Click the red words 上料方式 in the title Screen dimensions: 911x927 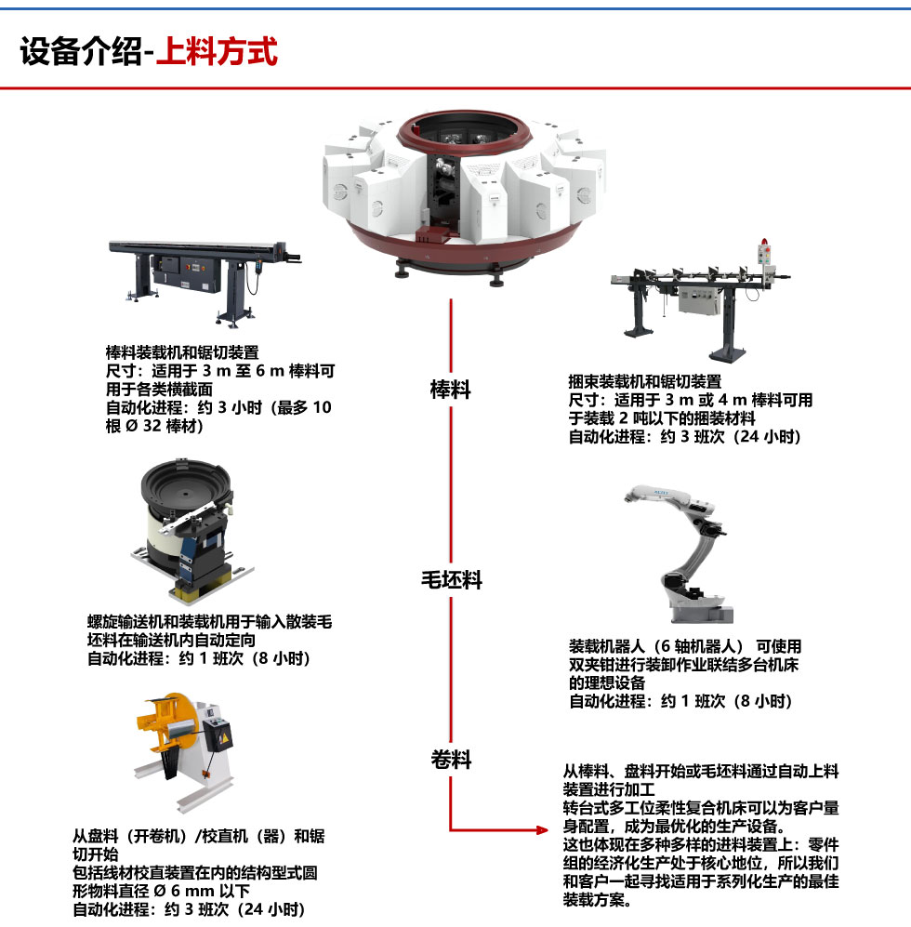click(217, 51)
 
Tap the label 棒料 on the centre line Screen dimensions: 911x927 click(451, 390)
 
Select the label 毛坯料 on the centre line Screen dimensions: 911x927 click(452, 580)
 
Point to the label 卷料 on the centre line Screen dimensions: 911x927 click(451, 760)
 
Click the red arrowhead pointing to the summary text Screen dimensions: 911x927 click(542, 830)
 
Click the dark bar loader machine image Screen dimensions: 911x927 click(205, 281)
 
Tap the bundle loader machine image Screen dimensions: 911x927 click(700, 300)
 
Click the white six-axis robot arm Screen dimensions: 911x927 click(686, 554)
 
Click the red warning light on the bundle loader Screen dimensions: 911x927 click(764, 242)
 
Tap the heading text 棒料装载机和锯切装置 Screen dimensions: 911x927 click(182, 352)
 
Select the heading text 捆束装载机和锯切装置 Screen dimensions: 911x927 click(645, 381)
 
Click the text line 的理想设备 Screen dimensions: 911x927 click(607, 682)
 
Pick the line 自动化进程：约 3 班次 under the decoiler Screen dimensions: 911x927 click(190, 909)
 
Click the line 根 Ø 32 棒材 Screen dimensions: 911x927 click(154, 426)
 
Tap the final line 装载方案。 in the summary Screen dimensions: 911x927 click(597, 900)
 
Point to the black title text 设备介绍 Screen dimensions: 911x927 click(81, 51)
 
